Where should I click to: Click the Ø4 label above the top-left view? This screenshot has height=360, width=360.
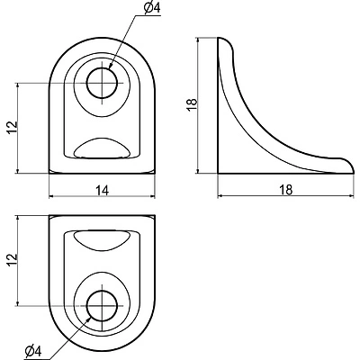coord(152,8)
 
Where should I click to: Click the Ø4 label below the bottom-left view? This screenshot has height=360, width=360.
coord(33,352)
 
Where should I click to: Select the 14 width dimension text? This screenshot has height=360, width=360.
coord(103,190)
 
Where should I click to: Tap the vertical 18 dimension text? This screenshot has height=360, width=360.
coord(193,105)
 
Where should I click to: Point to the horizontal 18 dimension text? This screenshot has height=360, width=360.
coord(285,190)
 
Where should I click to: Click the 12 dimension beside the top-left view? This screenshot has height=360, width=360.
coord(13,128)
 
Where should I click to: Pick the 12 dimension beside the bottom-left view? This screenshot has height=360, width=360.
coord(13,260)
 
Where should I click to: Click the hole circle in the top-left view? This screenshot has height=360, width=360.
coord(102,83)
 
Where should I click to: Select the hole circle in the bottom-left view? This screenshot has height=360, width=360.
coord(102,306)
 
